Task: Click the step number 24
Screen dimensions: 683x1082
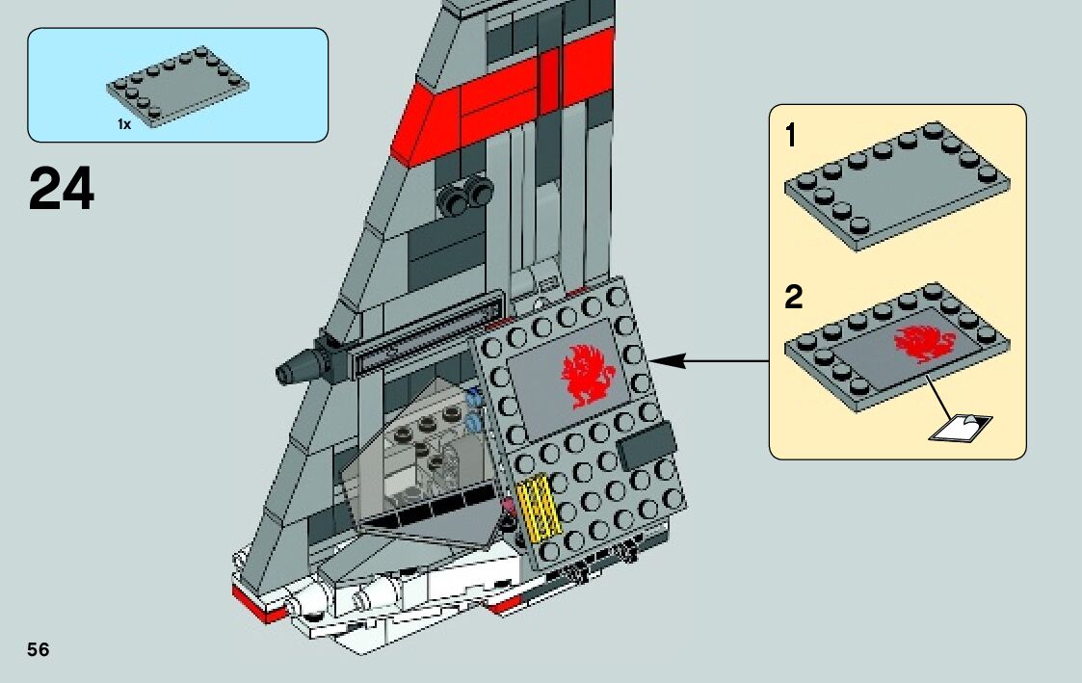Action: (62, 189)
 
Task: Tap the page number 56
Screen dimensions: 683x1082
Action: (39, 649)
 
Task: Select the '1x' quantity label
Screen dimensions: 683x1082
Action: (124, 124)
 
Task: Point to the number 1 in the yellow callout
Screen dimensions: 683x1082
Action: (791, 137)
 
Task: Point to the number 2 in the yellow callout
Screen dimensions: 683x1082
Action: (793, 297)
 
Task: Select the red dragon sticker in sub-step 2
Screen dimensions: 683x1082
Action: (922, 343)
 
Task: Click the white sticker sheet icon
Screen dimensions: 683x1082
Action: (961, 427)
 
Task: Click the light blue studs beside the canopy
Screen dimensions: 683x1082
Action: (472, 408)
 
